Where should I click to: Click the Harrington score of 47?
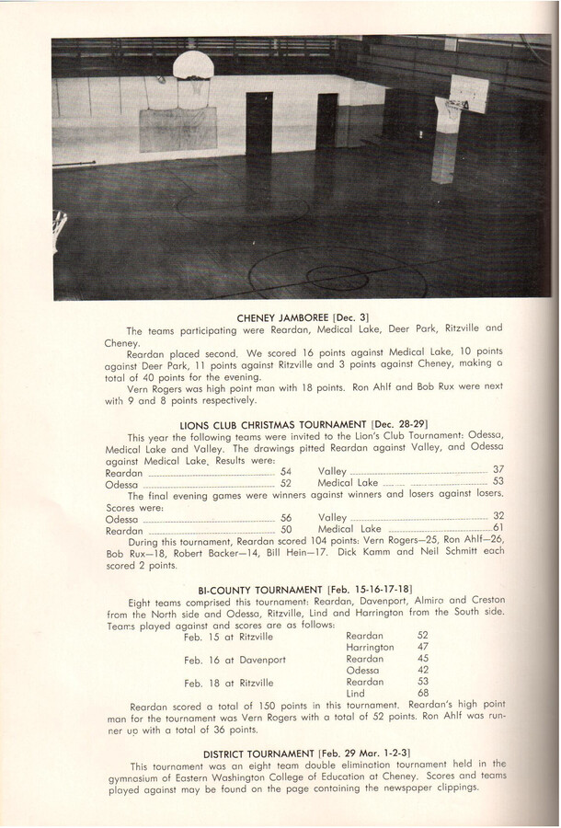(423, 647)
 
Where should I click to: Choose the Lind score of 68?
(423, 695)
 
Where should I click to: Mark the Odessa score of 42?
(423, 671)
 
